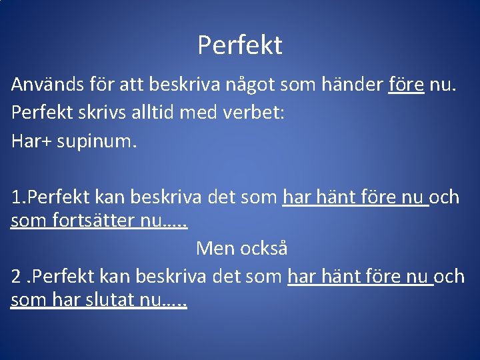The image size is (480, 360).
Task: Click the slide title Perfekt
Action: click(x=240, y=45)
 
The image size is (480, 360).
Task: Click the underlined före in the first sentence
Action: click(x=406, y=85)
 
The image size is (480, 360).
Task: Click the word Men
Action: click(x=214, y=249)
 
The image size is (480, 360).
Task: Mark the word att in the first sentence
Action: click(x=133, y=85)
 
